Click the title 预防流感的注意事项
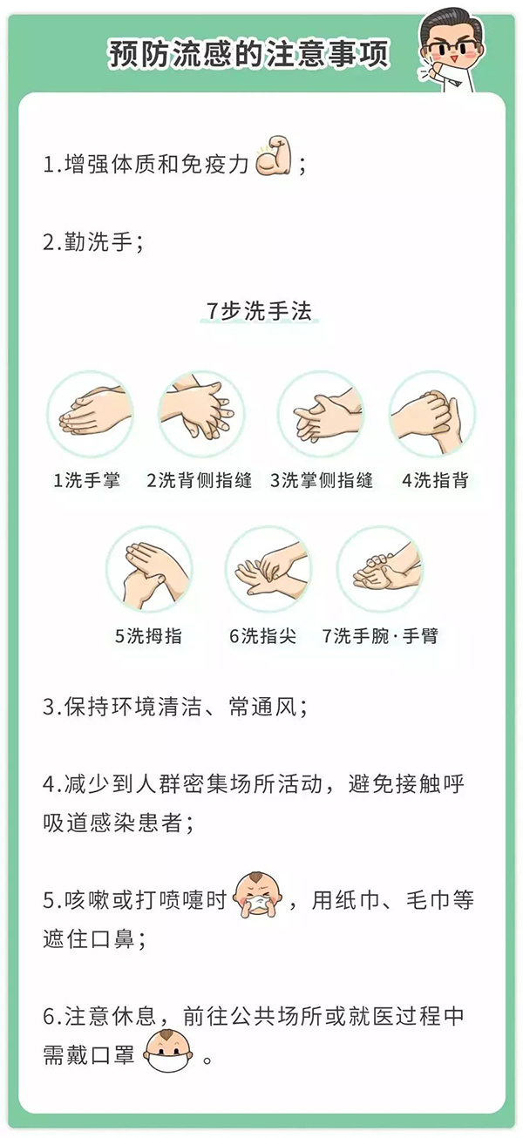(249, 54)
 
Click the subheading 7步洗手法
(259, 311)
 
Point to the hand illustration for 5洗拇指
(149, 569)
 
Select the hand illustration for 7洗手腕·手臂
(380, 569)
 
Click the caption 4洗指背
(435, 480)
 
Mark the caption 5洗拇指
(148, 635)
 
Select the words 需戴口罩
(88, 1055)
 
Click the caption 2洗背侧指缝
(200, 480)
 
